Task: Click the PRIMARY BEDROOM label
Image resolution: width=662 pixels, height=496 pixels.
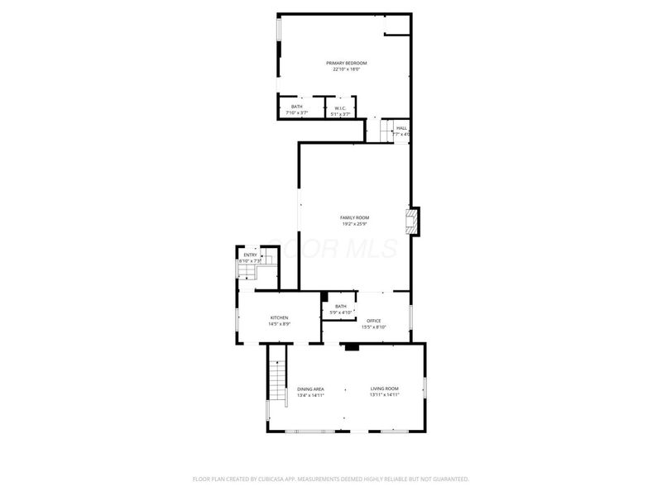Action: pos(346,63)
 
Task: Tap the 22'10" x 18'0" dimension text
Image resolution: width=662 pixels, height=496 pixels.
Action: pos(346,69)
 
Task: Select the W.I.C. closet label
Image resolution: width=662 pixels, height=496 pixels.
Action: pos(340,107)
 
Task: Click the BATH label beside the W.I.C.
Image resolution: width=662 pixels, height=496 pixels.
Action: pos(296,107)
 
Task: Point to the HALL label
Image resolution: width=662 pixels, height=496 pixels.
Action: pos(401,128)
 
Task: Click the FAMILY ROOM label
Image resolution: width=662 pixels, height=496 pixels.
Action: pos(354,217)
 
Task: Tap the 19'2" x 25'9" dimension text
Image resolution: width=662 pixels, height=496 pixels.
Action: pos(354,224)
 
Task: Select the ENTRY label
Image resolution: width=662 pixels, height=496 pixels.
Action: pos(250,255)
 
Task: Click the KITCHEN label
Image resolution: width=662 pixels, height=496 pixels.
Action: pos(279,318)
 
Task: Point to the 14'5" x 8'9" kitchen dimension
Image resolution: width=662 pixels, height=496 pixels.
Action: pos(279,325)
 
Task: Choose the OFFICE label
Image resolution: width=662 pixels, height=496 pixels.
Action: pos(374,321)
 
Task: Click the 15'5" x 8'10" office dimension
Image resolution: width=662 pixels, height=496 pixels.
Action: pos(374,327)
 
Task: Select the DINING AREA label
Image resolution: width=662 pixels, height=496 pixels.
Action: pos(310,389)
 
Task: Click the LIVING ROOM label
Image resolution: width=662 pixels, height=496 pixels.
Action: pos(385,389)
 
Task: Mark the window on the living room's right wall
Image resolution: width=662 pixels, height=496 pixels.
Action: pos(425,387)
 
